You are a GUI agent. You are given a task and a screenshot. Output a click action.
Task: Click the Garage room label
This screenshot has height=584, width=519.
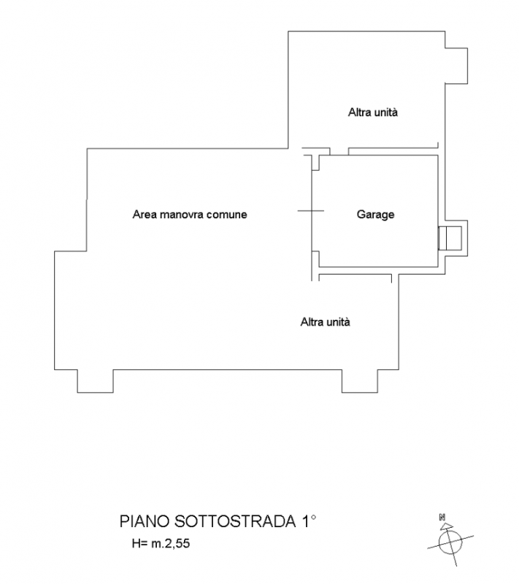375,215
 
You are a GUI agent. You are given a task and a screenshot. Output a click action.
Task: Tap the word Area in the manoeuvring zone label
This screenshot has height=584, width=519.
145,215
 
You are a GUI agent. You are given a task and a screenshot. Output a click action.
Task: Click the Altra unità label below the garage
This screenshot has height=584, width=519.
326,321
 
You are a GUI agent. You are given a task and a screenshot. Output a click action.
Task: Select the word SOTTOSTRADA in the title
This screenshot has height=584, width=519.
235,522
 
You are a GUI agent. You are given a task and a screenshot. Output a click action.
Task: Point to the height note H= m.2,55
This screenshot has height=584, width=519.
158,544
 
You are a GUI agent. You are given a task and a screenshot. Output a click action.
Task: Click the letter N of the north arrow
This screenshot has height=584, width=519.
442,517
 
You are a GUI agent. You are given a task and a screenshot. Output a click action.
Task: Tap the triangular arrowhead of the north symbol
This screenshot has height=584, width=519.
447,525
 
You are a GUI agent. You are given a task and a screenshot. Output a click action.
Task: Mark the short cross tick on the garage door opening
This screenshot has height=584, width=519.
310,212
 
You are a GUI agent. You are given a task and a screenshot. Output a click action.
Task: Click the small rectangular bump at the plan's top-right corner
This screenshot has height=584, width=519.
455,64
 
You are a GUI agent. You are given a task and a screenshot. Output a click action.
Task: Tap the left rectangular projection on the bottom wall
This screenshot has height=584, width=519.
95,381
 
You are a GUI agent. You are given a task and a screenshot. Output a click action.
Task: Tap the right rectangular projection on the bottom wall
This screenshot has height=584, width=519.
358,381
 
